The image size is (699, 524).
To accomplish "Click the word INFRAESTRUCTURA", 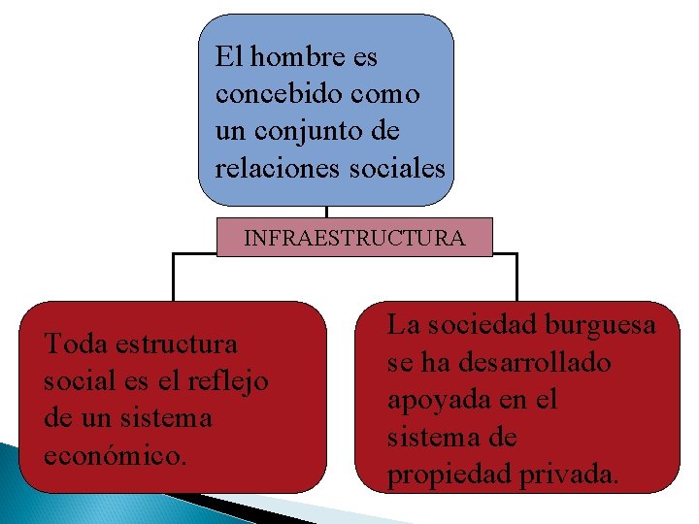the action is coord(354,238).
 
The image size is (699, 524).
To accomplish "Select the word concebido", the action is coord(270,95).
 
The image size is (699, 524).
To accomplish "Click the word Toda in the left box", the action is coord(77,344).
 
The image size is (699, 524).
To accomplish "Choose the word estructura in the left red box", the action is coord(176,344).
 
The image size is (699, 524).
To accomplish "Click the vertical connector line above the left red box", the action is coord(173,278).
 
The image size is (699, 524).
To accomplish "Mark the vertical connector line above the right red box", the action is coord(516,278).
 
